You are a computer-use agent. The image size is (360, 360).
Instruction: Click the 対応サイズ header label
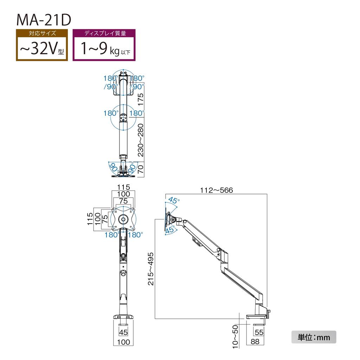click(x=41, y=34)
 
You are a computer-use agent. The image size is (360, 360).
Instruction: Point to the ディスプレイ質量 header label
click(x=104, y=34)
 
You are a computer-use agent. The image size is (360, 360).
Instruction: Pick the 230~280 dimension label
click(x=141, y=140)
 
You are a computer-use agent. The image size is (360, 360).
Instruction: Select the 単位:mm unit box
click(x=314, y=337)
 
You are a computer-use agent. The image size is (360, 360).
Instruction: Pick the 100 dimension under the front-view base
click(x=123, y=342)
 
